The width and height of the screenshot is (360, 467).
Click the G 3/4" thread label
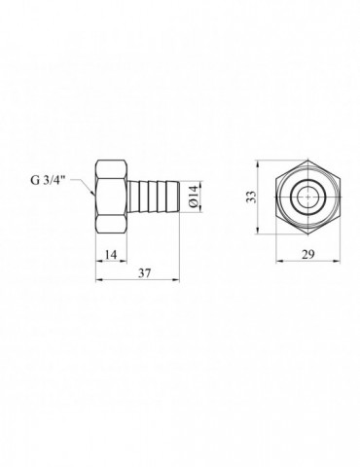(47, 180)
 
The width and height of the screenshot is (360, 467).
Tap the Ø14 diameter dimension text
(194, 197)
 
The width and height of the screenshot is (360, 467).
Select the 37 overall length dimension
(144, 273)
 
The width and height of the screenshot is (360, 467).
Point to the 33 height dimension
(252, 198)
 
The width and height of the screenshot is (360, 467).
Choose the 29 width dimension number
(308, 255)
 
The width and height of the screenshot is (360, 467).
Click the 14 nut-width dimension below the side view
(111, 255)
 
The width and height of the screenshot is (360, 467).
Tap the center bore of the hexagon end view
(307, 197)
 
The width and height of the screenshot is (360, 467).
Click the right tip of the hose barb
(178, 197)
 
